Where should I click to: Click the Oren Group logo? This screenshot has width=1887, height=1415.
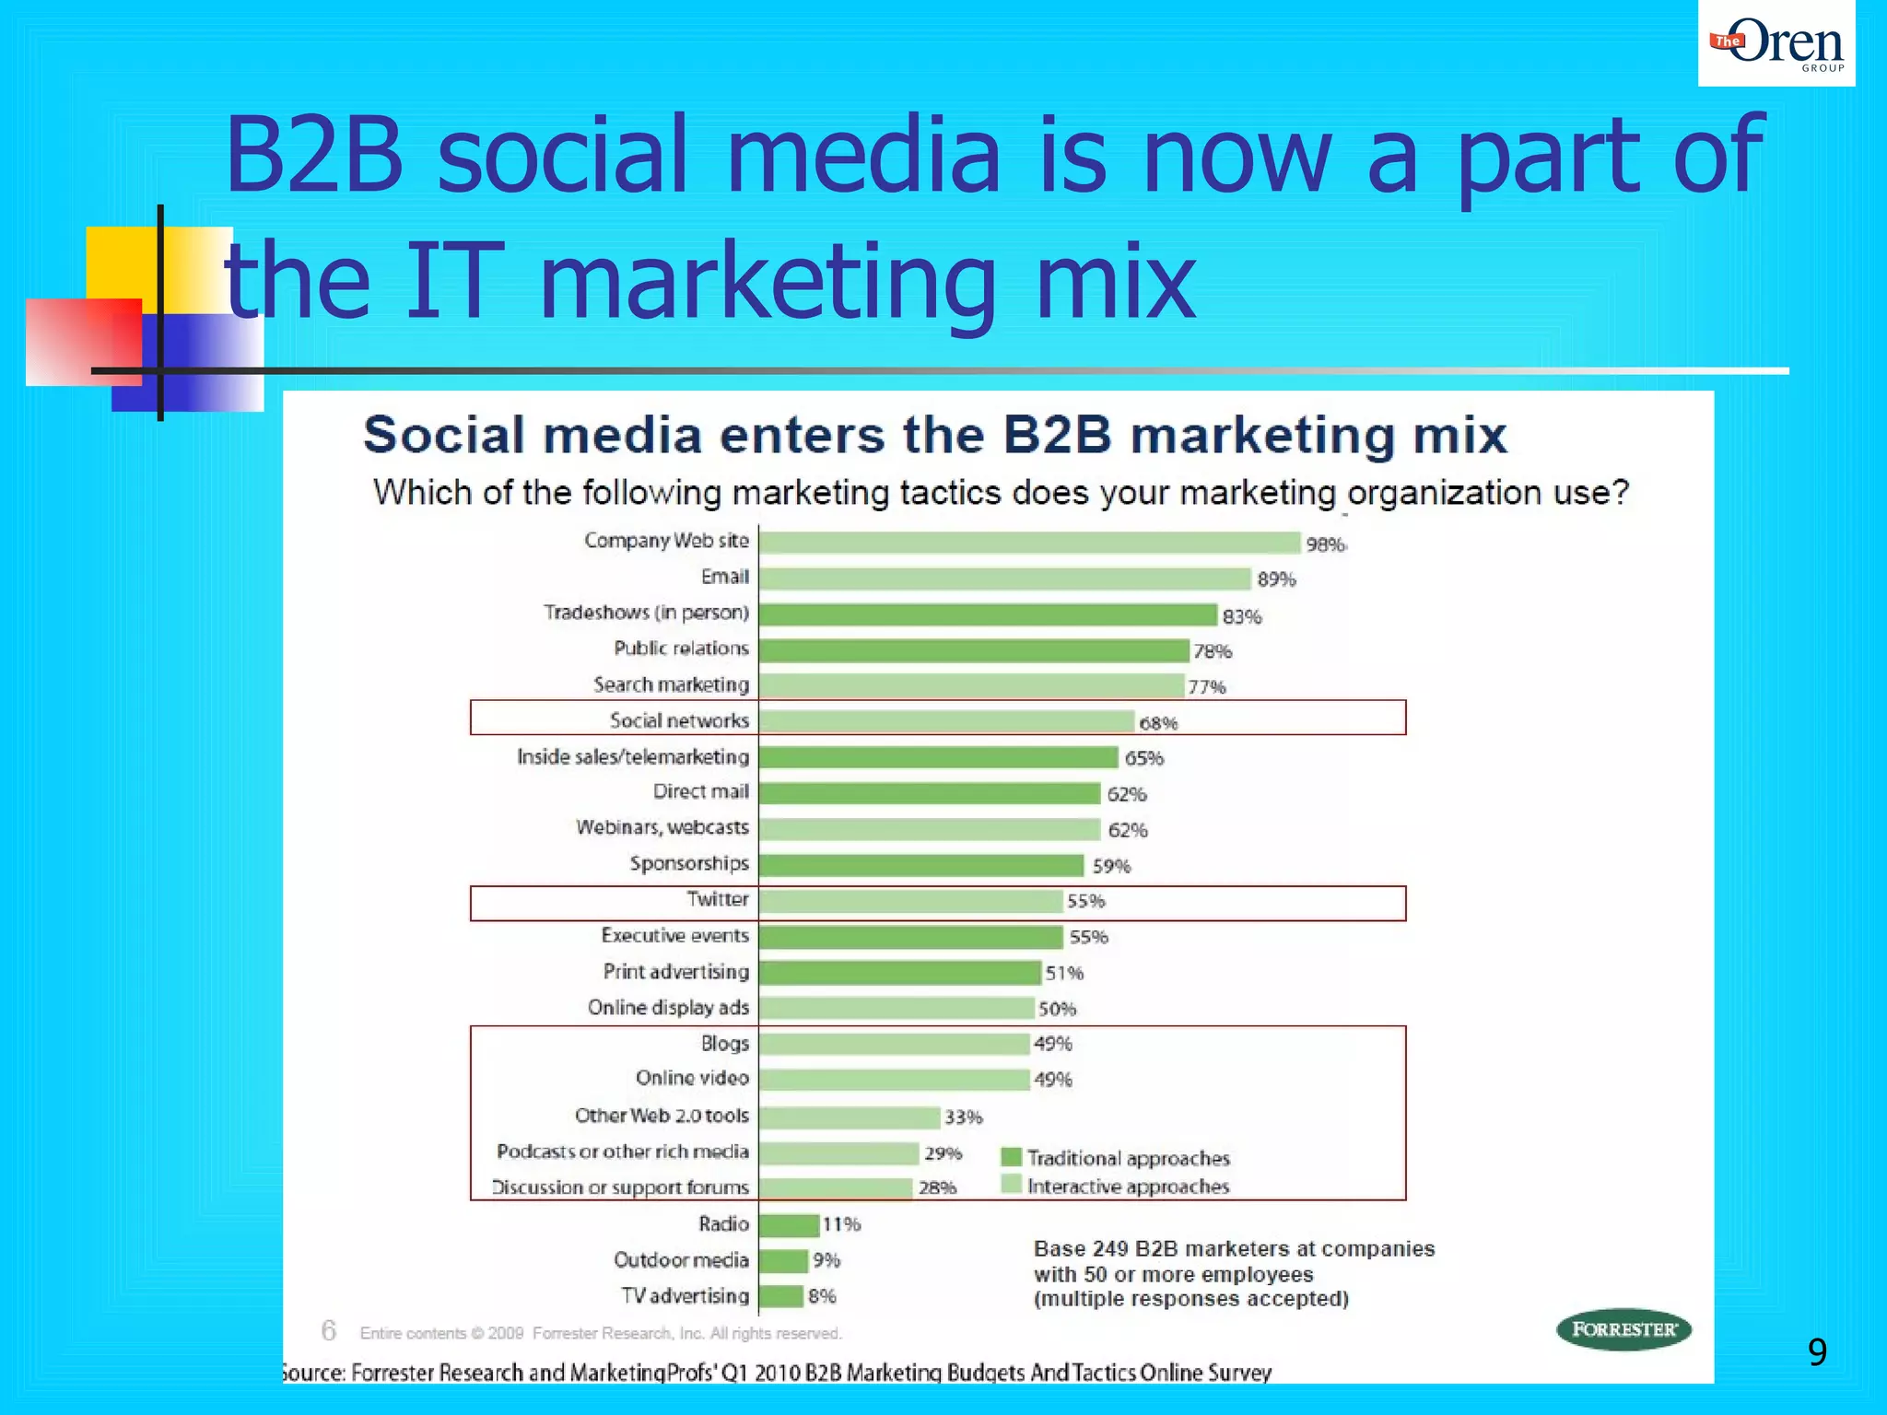pyautogui.click(x=1776, y=44)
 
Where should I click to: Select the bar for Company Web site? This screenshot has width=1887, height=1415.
pyautogui.click(x=1029, y=543)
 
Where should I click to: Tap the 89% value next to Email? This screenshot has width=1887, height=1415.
pyautogui.click(x=1276, y=579)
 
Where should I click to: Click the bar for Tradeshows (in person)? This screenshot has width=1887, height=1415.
pyautogui.click(x=988, y=614)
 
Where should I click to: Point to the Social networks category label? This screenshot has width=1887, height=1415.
pyautogui.click(x=679, y=720)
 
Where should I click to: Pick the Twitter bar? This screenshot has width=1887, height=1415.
pyautogui.click(x=910, y=901)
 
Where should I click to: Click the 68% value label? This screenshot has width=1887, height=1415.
pyautogui.click(x=1158, y=723)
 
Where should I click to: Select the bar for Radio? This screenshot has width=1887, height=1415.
pyautogui.click(x=789, y=1225)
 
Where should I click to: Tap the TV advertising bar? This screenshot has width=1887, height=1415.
pyautogui.click(x=781, y=1296)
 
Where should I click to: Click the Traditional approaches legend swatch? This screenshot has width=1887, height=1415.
pyautogui.click(x=1011, y=1157)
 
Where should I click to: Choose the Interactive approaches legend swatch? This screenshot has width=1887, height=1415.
pyautogui.click(x=1011, y=1185)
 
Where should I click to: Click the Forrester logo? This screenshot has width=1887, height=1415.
pyautogui.click(x=1623, y=1329)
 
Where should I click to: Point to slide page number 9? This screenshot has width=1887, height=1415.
pyautogui.click(x=1817, y=1351)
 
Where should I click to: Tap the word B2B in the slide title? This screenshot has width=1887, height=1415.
pyautogui.click(x=314, y=155)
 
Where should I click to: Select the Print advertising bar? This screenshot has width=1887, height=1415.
pyautogui.click(x=899, y=973)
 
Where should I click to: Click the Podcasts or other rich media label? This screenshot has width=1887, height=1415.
pyautogui.click(x=623, y=1152)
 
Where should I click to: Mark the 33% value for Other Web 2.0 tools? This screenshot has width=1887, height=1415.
pyautogui.click(x=964, y=1117)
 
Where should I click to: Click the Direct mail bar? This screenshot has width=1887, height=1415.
pyautogui.click(x=930, y=793)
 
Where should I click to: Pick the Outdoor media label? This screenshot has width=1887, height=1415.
pyautogui.click(x=681, y=1260)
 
